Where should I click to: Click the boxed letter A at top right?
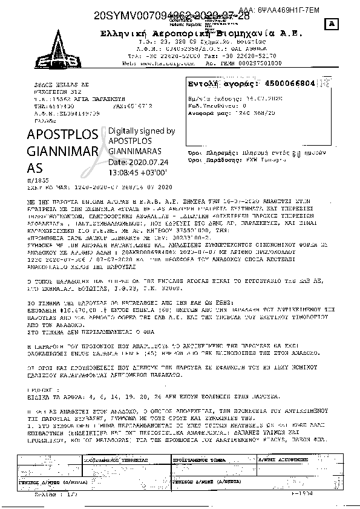pos(331,24)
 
